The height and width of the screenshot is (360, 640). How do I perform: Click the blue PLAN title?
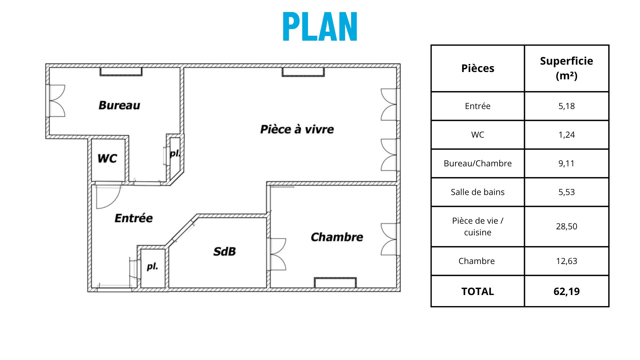pyautogui.click(x=320, y=27)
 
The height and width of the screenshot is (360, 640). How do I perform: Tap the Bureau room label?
pyautogui.click(x=119, y=105)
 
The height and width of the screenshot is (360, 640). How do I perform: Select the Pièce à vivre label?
pyautogui.click(x=297, y=129)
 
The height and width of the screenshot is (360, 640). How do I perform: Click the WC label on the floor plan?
pyautogui.click(x=107, y=158)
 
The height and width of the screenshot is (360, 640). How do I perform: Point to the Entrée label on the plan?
pyautogui.click(x=134, y=218)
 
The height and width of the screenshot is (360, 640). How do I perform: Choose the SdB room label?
pyautogui.click(x=225, y=251)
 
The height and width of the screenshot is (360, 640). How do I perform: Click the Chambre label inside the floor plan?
pyautogui.click(x=337, y=237)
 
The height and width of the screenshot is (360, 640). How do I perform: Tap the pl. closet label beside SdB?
pyautogui.click(x=152, y=266)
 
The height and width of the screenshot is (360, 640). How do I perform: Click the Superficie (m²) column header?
pyautogui.click(x=566, y=68)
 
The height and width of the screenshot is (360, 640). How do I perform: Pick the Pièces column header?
pyautogui.click(x=478, y=68)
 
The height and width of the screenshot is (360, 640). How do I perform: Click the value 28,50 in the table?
pyautogui.click(x=566, y=226)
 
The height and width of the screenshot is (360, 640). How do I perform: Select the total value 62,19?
pyautogui.click(x=566, y=291)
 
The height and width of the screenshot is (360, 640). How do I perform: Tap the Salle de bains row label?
pyautogui.click(x=478, y=192)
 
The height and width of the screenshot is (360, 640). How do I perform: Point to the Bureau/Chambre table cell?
pyautogui.click(x=478, y=163)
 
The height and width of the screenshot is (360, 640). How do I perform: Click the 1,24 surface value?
pyautogui.click(x=566, y=135)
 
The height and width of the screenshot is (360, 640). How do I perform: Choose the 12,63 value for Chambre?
pyautogui.click(x=566, y=261)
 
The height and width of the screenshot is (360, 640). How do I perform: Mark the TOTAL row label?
pyautogui.click(x=478, y=291)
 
